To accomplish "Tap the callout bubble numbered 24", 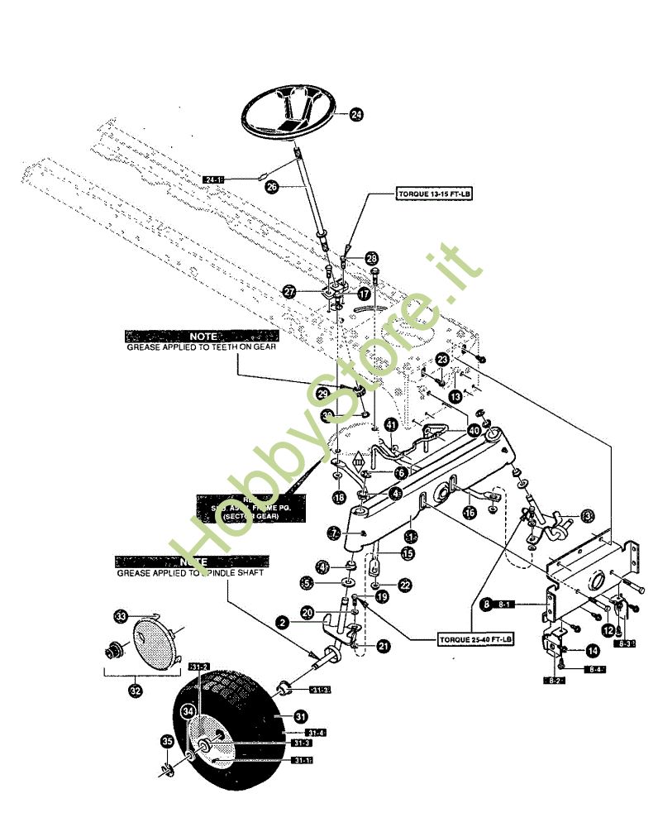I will tap(356, 116).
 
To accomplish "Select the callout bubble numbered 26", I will tap(271, 188).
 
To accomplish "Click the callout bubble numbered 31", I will tap(301, 716).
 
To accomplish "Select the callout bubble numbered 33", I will tap(121, 616).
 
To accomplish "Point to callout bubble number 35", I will tap(168, 743).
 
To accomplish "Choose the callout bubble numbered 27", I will tap(288, 292).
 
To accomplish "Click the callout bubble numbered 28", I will tap(371, 259).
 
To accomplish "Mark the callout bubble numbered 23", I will tap(442, 360).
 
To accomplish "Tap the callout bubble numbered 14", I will tap(592, 651).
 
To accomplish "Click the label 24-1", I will tap(215, 179).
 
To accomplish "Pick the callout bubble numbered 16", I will tap(470, 513).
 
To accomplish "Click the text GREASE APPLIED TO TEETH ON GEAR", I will tap(200, 348).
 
